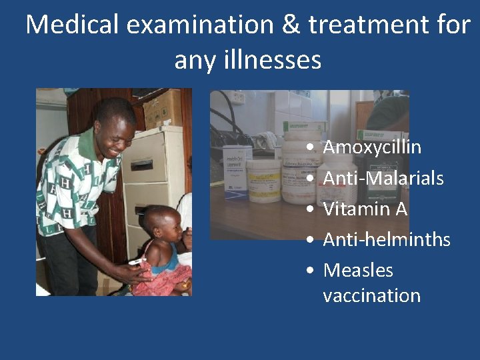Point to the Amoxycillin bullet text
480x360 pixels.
(x=372, y=147)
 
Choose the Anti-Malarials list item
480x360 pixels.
(x=383, y=178)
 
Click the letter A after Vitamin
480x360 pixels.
(x=401, y=209)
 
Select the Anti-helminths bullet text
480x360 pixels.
(x=387, y=239)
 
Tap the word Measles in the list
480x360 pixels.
(x=358, y=270)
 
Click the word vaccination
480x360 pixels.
(x=371, y=295)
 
